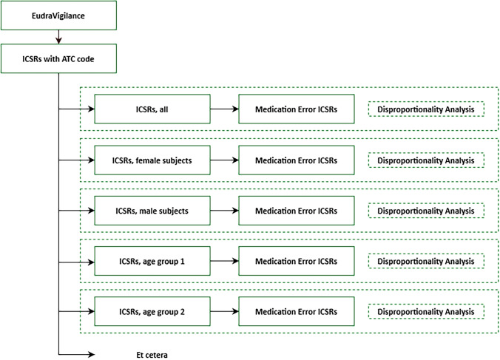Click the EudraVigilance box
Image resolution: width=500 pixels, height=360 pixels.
click(x=58, y=16)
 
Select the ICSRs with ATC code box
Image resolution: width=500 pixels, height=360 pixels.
click(x=58, y=58)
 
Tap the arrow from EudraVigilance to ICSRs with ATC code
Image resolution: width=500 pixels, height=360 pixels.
click(x=58, y=37)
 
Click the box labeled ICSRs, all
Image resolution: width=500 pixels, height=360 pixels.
click(x=152, y=109)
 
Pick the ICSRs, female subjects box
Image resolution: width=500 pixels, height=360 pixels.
click(x=152, y=160)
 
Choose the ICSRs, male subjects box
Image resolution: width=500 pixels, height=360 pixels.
click(x=152, y=211)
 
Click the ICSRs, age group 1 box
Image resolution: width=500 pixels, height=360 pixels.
click(x=152, y=261)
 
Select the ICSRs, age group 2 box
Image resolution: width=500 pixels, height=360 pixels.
click(x=152, y=311)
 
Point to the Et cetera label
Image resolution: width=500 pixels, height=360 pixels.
click(x=152, y=355)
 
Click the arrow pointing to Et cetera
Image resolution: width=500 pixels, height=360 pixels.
click(x=76, y=354)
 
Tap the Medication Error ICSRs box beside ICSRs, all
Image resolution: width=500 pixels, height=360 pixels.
click(x=297, y=109)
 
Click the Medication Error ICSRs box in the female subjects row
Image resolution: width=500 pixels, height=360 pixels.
click(x=297, y=160)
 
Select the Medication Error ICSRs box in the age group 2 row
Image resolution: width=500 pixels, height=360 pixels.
click(x=297, y=311)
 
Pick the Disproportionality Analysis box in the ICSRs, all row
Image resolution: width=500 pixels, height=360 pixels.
click(x=426, y=109)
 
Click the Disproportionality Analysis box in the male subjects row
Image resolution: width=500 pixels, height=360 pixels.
click(x=426, y=211)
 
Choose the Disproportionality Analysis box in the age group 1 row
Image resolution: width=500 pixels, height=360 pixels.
click(x=426, y=261)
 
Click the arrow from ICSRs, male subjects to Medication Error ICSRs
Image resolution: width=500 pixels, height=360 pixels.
click(x=225, y=211)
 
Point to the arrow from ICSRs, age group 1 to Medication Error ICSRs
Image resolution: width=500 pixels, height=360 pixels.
click(x=225, y=261)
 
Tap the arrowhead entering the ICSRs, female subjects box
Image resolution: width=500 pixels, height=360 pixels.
click(x=92, y=160)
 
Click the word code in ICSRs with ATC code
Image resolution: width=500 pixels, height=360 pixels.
click(x=86, y=59)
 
